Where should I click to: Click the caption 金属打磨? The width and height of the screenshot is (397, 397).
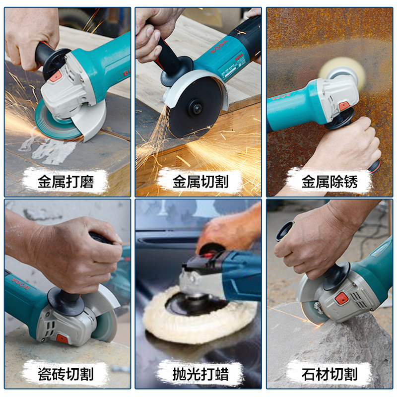66,182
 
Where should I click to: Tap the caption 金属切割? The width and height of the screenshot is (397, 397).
200,182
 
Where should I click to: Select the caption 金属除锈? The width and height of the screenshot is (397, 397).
330,182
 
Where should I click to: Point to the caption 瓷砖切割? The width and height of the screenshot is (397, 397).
66,374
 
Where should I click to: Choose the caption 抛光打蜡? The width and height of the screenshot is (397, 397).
200,374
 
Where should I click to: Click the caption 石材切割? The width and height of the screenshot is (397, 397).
330,374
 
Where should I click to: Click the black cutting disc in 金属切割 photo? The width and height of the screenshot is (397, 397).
193,108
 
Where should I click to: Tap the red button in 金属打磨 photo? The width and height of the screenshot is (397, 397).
56,76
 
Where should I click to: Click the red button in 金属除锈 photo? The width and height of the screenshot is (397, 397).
344,106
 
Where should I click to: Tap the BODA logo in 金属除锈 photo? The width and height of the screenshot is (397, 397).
281,97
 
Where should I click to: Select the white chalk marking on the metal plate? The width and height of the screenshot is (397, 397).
48,148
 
